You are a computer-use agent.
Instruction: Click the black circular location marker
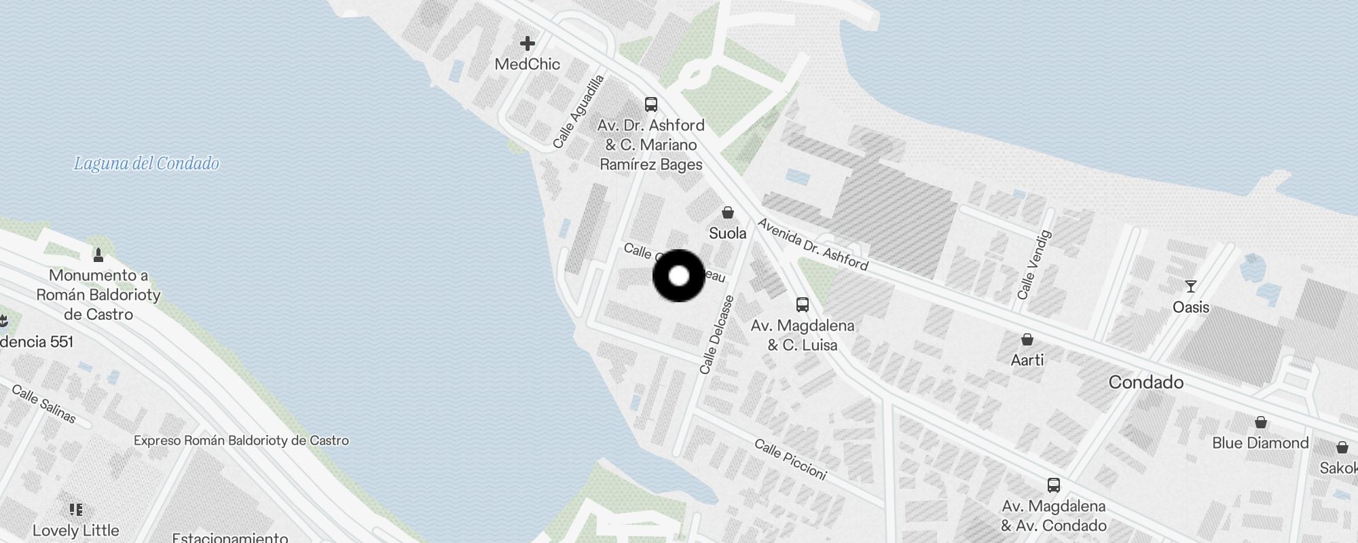(678, 276)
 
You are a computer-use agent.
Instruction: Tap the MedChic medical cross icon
(528, 44)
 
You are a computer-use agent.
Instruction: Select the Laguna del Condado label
(147, 164)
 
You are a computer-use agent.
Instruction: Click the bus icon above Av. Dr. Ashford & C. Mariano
(651, 105)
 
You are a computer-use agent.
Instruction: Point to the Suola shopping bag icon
(728, 213)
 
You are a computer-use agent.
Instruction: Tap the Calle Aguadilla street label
(579, 112)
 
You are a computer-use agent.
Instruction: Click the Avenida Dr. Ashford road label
(813, 244)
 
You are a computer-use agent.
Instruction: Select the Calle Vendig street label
(1034, 265)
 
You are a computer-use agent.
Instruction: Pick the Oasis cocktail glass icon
(1191, 286)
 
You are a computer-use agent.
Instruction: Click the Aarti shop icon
(1027, 339)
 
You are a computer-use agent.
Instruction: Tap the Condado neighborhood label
(1146, 382)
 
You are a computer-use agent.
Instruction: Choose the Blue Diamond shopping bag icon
(1261, 422)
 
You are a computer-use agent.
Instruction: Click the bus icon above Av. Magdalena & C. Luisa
(803, 305)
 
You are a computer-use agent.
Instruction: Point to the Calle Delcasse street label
(717, 335)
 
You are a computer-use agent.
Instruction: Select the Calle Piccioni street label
(791, 460)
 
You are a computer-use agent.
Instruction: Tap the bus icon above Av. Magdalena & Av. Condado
(1054, 485)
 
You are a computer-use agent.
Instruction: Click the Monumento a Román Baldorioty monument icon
(98, 255)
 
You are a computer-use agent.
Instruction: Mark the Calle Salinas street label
(44, 404)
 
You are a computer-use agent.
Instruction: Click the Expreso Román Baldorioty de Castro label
(241, 441)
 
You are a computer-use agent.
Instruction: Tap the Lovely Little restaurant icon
(76, 510)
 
